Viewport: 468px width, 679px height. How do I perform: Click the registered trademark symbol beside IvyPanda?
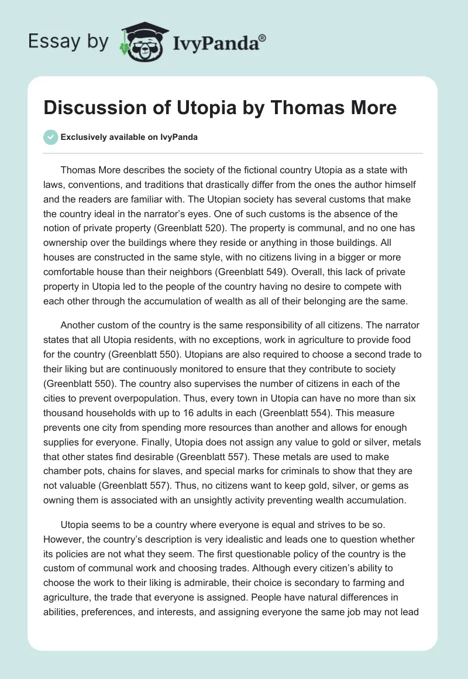262,37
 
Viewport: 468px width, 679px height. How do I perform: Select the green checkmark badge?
50,137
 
